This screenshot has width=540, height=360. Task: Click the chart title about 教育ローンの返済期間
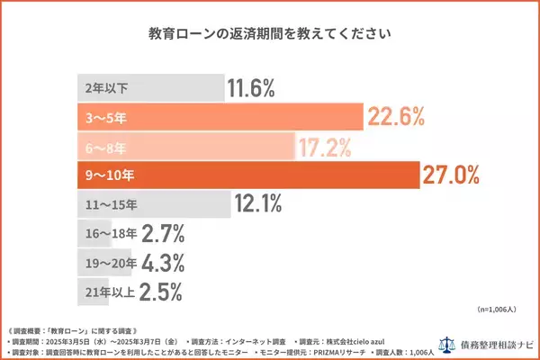(269, 36)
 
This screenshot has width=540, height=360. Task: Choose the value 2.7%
(163, 235)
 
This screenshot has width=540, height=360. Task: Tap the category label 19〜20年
(106, 264)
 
